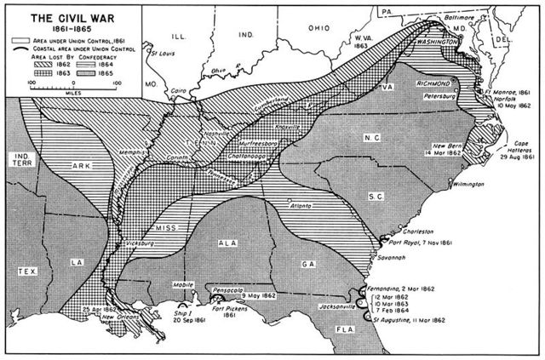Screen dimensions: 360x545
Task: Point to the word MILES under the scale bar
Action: (x=72, y=92)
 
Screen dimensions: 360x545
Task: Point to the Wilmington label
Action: (x=468, y=183)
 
